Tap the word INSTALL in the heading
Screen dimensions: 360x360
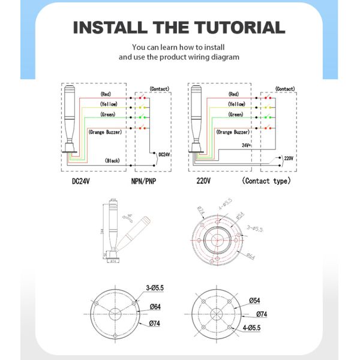tap(109, 28)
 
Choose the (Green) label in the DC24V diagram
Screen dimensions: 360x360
tap(108, 115)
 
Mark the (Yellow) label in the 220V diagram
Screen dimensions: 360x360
tap(236, 104)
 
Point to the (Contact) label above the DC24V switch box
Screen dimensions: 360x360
tap(160, 88)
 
